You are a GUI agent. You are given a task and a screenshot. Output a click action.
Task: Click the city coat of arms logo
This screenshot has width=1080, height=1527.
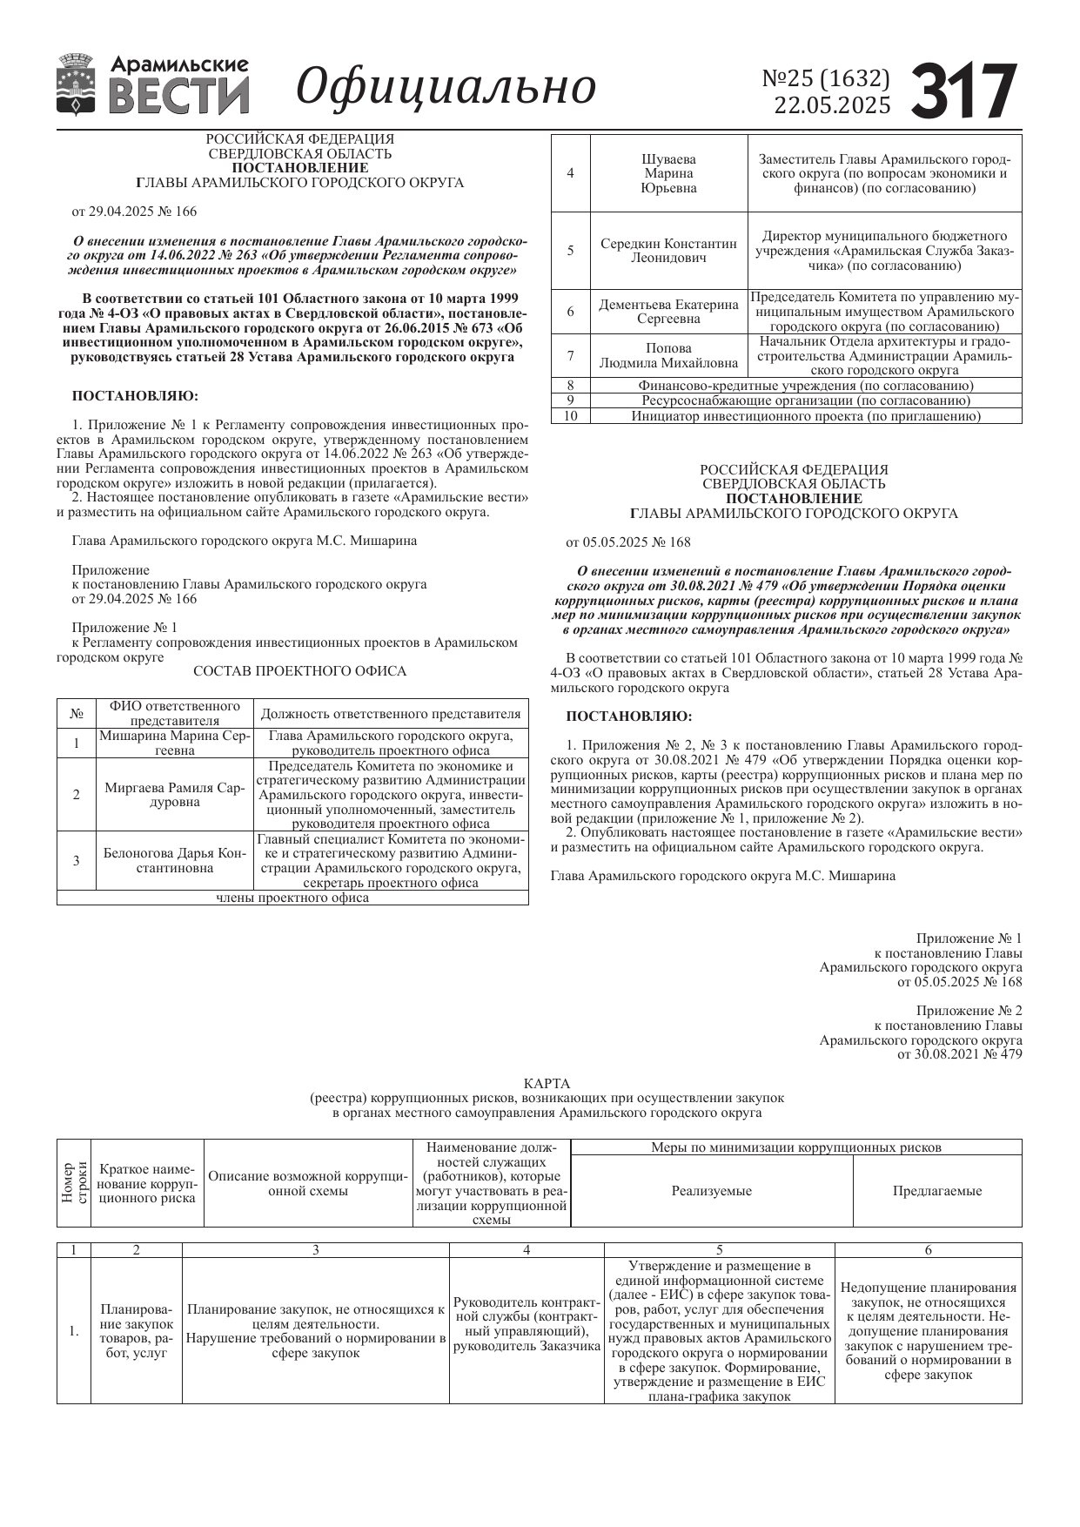pyautogui.click(x=77, y=84)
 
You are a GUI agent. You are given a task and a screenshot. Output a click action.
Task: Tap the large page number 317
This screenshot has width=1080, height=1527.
pyautogui.click(x=964, y=91)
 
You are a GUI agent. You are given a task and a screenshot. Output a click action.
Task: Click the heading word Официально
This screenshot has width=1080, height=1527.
pyautogui.click(x=446, y=86)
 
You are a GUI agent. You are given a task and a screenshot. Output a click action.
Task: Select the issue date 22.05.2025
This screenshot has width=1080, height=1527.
pyautogui.click(x=832, y=106)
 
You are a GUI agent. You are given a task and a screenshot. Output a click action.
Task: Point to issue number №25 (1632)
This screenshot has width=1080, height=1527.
pyautogui.click(x=826, y=78)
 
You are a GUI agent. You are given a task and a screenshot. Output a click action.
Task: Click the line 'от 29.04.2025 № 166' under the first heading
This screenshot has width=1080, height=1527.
pyautogui.click(x=134, y=211)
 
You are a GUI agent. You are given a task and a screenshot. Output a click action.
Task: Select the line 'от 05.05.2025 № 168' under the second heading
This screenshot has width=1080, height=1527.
pyautogui.click(x=628, y=542)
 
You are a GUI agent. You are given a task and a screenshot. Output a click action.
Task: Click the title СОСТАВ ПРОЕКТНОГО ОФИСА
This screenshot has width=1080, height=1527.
pyautogui.click(x=299, y=671)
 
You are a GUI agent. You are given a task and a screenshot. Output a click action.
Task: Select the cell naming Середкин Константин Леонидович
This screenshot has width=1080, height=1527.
pyautogui.click(x=668, y=251)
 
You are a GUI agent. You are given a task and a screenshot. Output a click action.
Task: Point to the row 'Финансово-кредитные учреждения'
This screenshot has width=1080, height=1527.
pyautogui.click(x=805, y=386)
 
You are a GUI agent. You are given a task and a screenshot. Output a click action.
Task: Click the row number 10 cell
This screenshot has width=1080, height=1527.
pyautogui.click(x=571, y=416)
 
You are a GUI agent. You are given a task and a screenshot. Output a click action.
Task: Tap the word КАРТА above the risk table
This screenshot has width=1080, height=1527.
pyautogui.click(x=547, y=1084)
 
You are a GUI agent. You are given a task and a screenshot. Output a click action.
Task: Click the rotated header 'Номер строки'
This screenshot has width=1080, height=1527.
pyautogui.click(x=74, y=1182)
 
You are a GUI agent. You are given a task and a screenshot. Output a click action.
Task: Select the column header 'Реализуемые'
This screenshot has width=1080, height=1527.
pyautogui.click(x=711, y=1191)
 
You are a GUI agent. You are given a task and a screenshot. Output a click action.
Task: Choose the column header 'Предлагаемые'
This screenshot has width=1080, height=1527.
pyautogui.click(x=937, y=1191)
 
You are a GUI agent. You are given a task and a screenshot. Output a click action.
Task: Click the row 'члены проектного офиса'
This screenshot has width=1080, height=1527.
pyautogui.click(x=292, y=898)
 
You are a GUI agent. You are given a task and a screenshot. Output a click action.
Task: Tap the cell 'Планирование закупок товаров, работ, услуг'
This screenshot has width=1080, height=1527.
pyautogui.click(x=137, y=1331)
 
